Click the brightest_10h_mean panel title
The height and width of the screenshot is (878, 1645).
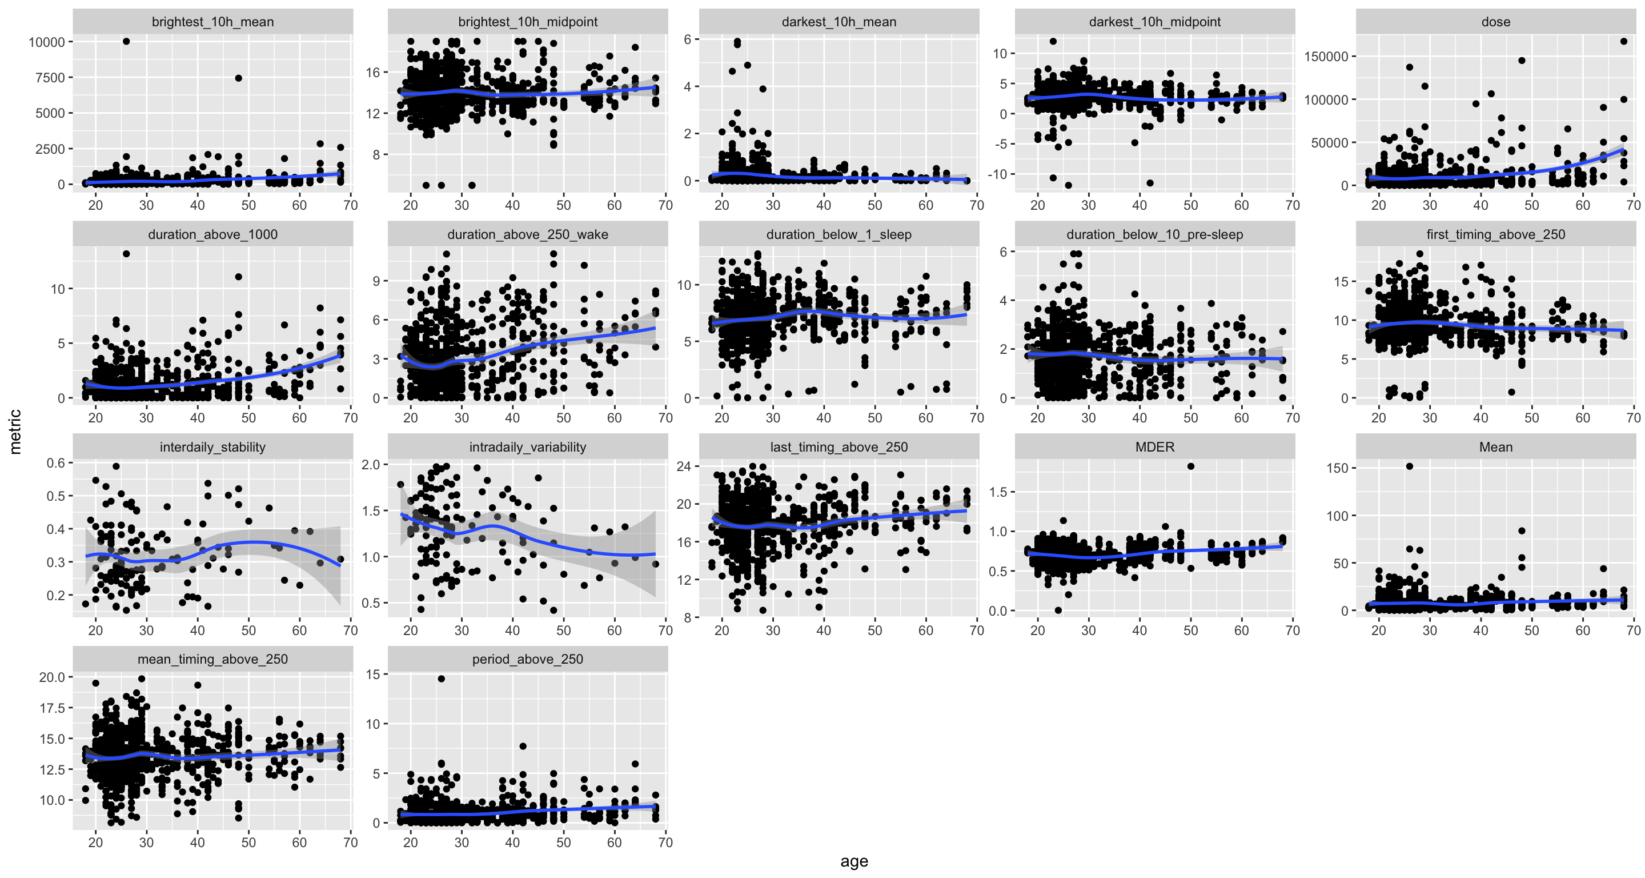tap(212, 22)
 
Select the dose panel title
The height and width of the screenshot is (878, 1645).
tap(1495, 22)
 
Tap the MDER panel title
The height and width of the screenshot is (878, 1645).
tap(1154, 446)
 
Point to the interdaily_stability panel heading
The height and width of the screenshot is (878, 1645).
tap(212, 446)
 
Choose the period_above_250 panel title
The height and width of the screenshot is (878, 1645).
tap(527, 659)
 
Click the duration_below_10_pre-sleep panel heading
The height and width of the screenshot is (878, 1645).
tap(1154, 234)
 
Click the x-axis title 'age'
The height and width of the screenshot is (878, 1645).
tap(854, 861)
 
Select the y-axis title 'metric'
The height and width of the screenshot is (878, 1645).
tap(15, 432)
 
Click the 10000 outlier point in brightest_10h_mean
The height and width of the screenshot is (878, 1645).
tap(126, 42)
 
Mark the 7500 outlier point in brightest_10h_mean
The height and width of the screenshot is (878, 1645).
tap(238, 78)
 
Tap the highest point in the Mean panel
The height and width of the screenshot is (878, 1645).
tap(1409, 466)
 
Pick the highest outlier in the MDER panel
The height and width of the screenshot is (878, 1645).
tap(1190, 466)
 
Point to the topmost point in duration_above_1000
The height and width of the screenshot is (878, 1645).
tap(126, 254)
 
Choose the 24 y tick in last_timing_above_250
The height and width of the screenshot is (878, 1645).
tap(684, 466)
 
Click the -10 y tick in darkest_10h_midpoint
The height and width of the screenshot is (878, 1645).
tap(1000, 174)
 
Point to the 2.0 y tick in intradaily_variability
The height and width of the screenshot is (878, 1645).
tap(371, 465)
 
